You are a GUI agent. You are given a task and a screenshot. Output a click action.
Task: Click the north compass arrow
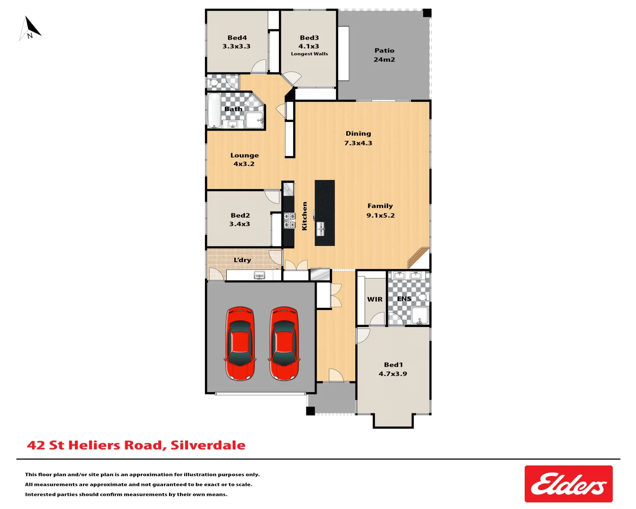pyautogui.click(x=31, y=27)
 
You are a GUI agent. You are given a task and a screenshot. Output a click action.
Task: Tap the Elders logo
pyautogui.click(x=568, y=484)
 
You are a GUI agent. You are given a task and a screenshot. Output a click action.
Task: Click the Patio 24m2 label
pyautogui.click(x=384, y=55)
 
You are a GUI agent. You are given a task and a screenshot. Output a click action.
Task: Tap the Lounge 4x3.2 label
pyautogui.click(x=244, y=159)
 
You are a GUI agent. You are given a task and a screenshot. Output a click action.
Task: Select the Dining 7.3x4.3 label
pyautogui.click(x=358, y=138)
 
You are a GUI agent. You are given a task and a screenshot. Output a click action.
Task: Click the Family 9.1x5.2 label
pyautogui.click(x=380, y=211)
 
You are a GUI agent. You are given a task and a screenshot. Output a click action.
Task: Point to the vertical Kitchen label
pyautogui.click(x=304, y=216)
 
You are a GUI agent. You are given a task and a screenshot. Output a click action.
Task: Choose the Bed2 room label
pyautogui.click(x=240, y=220)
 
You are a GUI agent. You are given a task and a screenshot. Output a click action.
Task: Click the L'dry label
pyautogui.click(x=242, y=260)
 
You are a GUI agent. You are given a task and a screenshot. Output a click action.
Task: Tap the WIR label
pyautogui.click(x=375, y=299)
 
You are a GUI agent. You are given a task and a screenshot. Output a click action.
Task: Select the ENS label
pyautogui.click(x=404, y=299)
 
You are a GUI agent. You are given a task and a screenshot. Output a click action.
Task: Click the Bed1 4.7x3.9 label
pyautogui.click(x=393, y=369)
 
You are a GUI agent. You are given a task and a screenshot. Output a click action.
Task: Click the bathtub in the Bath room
pyautogui.click(x=214, y=110)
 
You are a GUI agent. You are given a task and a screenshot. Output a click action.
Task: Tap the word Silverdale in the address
pyautogui.click(x=208, y=445)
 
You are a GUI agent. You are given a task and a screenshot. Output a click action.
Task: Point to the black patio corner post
pyautogui.click(x=427, y=13)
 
